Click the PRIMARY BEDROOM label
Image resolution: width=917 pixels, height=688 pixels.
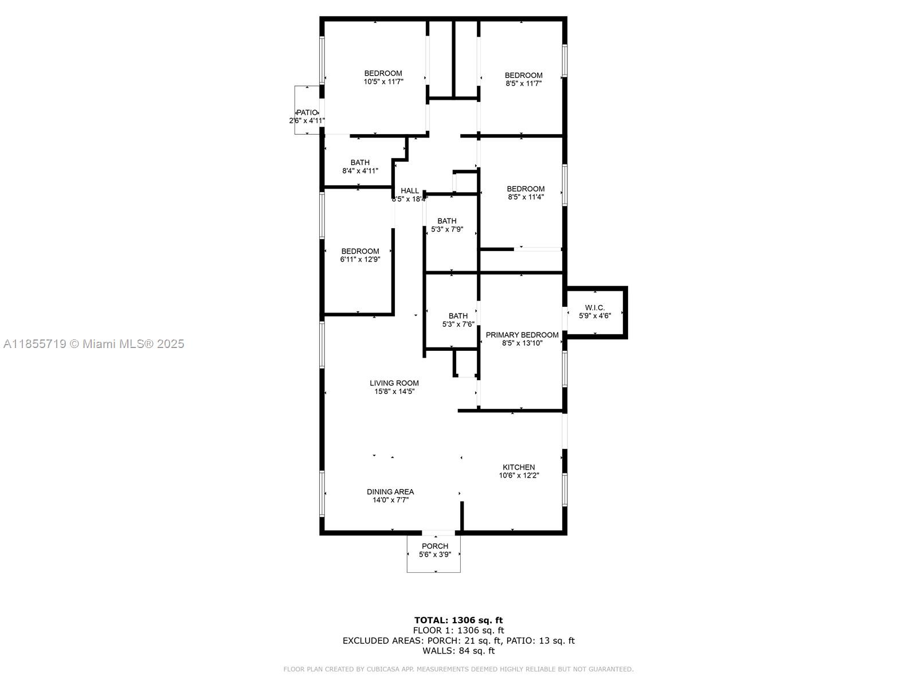pos(522,335)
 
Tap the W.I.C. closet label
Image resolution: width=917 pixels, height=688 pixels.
pos(594,308)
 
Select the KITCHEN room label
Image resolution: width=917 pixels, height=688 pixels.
pos(519,467)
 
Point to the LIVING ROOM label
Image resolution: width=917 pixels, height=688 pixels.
pos(394,383)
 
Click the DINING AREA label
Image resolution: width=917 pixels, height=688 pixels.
pos(390,492)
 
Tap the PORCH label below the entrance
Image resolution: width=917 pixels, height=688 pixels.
pos(435,546)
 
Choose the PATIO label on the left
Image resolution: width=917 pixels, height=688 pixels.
pos(307,113)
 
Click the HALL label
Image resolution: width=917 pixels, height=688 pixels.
pos(409,191)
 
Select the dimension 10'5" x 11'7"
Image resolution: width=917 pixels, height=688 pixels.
pos(383,82)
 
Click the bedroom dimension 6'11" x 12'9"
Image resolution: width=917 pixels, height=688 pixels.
pos(360,259)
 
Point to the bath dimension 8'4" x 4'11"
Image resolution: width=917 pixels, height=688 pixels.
pos(360,171)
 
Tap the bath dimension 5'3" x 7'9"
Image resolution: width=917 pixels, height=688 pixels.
pos(446,229)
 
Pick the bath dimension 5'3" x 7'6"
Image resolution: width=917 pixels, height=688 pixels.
pos(458,324)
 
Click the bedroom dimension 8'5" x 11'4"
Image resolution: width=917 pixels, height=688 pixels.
pos(526,197)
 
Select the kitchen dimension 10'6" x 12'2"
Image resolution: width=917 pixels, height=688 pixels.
pos(519,475)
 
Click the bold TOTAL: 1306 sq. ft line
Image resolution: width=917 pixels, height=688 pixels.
pos(458,620)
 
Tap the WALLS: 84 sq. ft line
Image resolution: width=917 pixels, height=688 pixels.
pos(458,650)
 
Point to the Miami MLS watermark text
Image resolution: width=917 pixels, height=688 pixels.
pos(93,344)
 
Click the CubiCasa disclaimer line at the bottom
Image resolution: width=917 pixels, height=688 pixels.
pos(458,669)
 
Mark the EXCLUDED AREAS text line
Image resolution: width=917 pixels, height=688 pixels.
pos(458,640)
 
